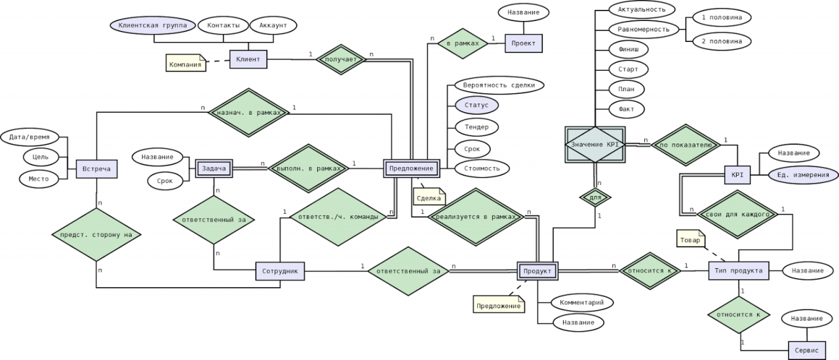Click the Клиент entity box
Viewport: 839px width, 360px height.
pos(248,59)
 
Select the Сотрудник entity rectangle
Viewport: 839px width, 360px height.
pos(280,271)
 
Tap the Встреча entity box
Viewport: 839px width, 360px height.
pos(96,169)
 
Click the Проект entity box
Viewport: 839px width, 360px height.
pos(523,43)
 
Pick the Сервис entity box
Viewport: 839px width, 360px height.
pos(806,350)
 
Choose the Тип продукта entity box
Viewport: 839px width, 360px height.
pos(738,270)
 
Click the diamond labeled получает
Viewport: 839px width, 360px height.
pos(341,60)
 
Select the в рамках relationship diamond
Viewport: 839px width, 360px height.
pos(463,43)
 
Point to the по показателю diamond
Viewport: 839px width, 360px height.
pos(686,145)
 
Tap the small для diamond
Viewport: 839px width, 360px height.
pos(595,197)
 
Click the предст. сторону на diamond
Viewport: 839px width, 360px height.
pos(96,235)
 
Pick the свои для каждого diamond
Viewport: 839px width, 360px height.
pos(737,214)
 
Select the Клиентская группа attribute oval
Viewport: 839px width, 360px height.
pos(153,26)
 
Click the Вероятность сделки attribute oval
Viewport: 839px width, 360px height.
pos(499,85)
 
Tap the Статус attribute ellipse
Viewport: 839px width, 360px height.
pos(477,106)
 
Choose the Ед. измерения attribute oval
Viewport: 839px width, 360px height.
pos(803,175)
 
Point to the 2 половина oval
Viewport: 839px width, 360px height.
pos(722,41)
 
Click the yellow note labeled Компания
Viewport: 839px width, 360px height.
pos(185,63)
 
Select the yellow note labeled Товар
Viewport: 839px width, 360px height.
pos(691,239)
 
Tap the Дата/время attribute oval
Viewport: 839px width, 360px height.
pos(29,137)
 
